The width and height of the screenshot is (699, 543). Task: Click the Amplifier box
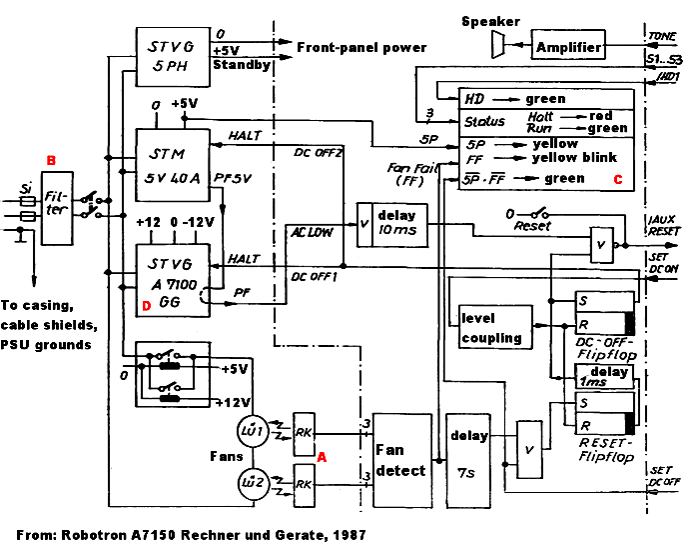569,46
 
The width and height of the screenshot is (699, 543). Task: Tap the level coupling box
492,327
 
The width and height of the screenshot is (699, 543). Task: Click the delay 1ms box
605,378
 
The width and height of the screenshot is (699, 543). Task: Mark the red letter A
322,455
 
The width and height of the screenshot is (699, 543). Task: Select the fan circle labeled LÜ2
250,486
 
